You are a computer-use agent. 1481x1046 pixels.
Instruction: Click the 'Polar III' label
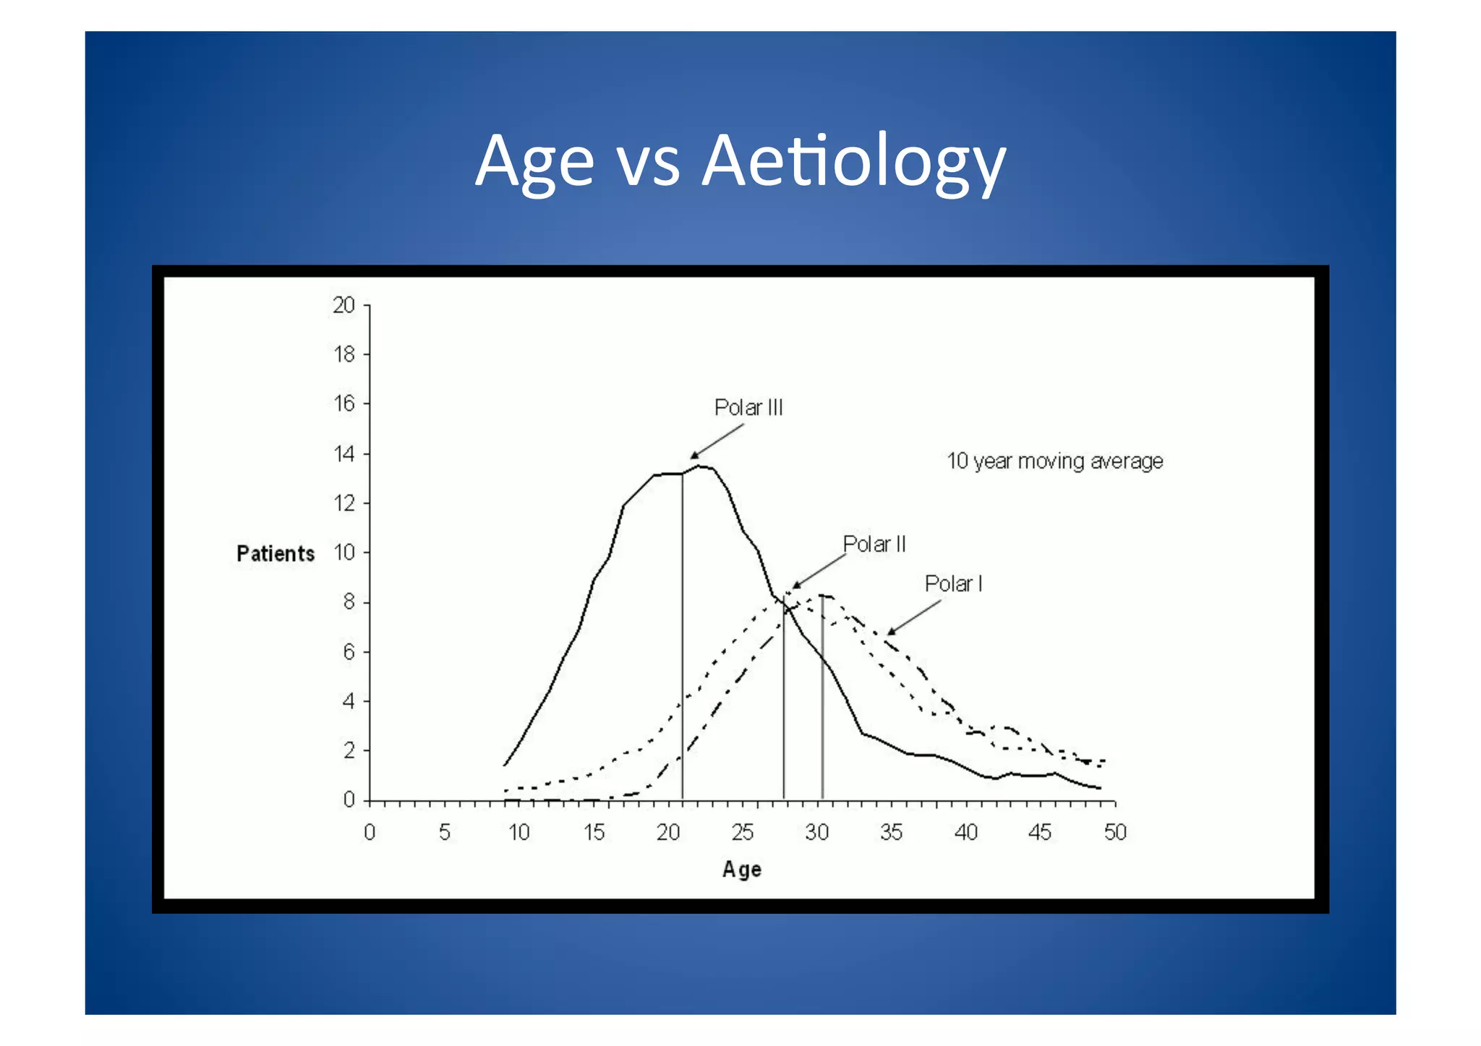pyautogui.click(x=748, y=408)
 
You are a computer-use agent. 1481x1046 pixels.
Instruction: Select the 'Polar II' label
pyautogui.click(x=874, y=544)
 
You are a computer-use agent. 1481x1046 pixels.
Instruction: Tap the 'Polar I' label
pyautogui.click(x=953, y=583)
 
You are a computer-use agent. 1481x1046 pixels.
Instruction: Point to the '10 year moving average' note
pyautogui.click(x=1054, y=461)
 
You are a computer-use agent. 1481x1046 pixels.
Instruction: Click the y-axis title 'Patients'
pyautogui.click(x=276, y=554)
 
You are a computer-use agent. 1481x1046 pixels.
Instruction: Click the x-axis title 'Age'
pyautogui.click(x=741, y=869)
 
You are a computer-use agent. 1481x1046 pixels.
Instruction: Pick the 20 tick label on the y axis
pyautogui.click(x=343, y=306)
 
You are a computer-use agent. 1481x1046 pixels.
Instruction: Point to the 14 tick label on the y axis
pyautogui.click(x=344, y=454)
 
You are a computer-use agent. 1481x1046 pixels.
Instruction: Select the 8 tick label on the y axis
pyautogui.click(x=349, y=602)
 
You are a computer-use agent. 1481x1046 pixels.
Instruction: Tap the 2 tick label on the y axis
pyautogui.click(x=349, y=750)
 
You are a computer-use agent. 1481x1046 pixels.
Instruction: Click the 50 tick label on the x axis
pyautogui.click(x=1114, y=833)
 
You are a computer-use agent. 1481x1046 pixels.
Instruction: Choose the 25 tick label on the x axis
pyautogui.click(x=742, y=833)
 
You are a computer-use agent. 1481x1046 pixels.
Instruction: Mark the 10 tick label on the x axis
pyautogui.click(x=518, y=833)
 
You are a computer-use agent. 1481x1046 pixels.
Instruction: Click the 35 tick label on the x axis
pyautogui.click(x=891, y=833)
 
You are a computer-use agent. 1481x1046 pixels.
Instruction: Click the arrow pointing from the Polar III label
pyautogui.click(x=717, y=441)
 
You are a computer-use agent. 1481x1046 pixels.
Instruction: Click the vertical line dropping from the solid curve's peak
pyautogui.click(x=682, y=636)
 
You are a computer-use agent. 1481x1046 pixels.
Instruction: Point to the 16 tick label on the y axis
pyautogui.click(x=344, y=403)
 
